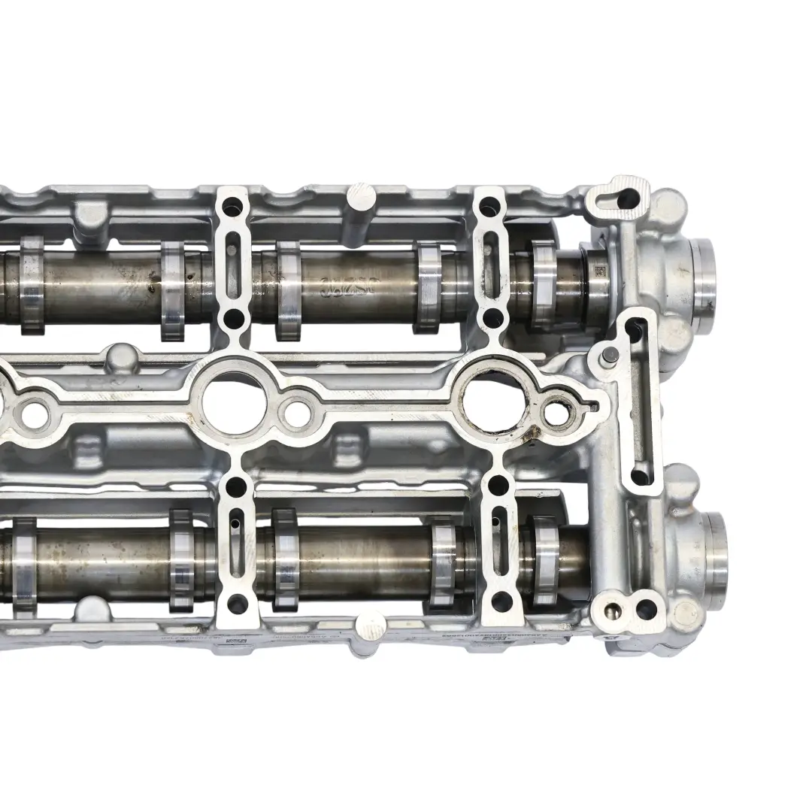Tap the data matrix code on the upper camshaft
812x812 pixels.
point(599,270)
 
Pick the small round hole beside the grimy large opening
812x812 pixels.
point(557,411)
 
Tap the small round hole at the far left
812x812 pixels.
point(35,412)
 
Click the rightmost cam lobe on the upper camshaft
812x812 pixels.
point(543,284)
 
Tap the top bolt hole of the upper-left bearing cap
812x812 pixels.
point(234,203)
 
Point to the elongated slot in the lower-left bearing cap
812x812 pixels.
point(235,527)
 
